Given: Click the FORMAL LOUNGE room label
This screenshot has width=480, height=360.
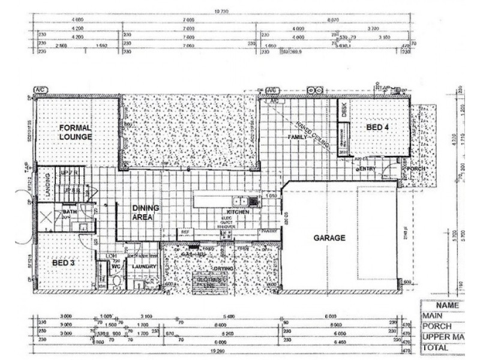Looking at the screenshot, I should point(75,132).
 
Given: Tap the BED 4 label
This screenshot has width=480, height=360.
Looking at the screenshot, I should point(379,127).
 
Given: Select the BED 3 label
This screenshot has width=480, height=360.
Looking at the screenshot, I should point(64,263).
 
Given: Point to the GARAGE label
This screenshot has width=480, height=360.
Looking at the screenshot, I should point(329,238).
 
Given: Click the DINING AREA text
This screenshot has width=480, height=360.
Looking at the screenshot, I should point(146,212).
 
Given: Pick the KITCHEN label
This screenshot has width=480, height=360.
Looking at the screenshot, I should point(238,212).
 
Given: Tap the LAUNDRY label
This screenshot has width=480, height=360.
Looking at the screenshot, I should point(145,266).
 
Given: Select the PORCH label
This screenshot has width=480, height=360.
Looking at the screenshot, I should point(416,168).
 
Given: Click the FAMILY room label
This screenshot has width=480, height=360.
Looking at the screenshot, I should point(298,137).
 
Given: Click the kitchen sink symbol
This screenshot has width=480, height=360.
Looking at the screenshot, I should point(240,201).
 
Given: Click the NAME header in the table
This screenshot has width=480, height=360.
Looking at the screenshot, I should point(451,305).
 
